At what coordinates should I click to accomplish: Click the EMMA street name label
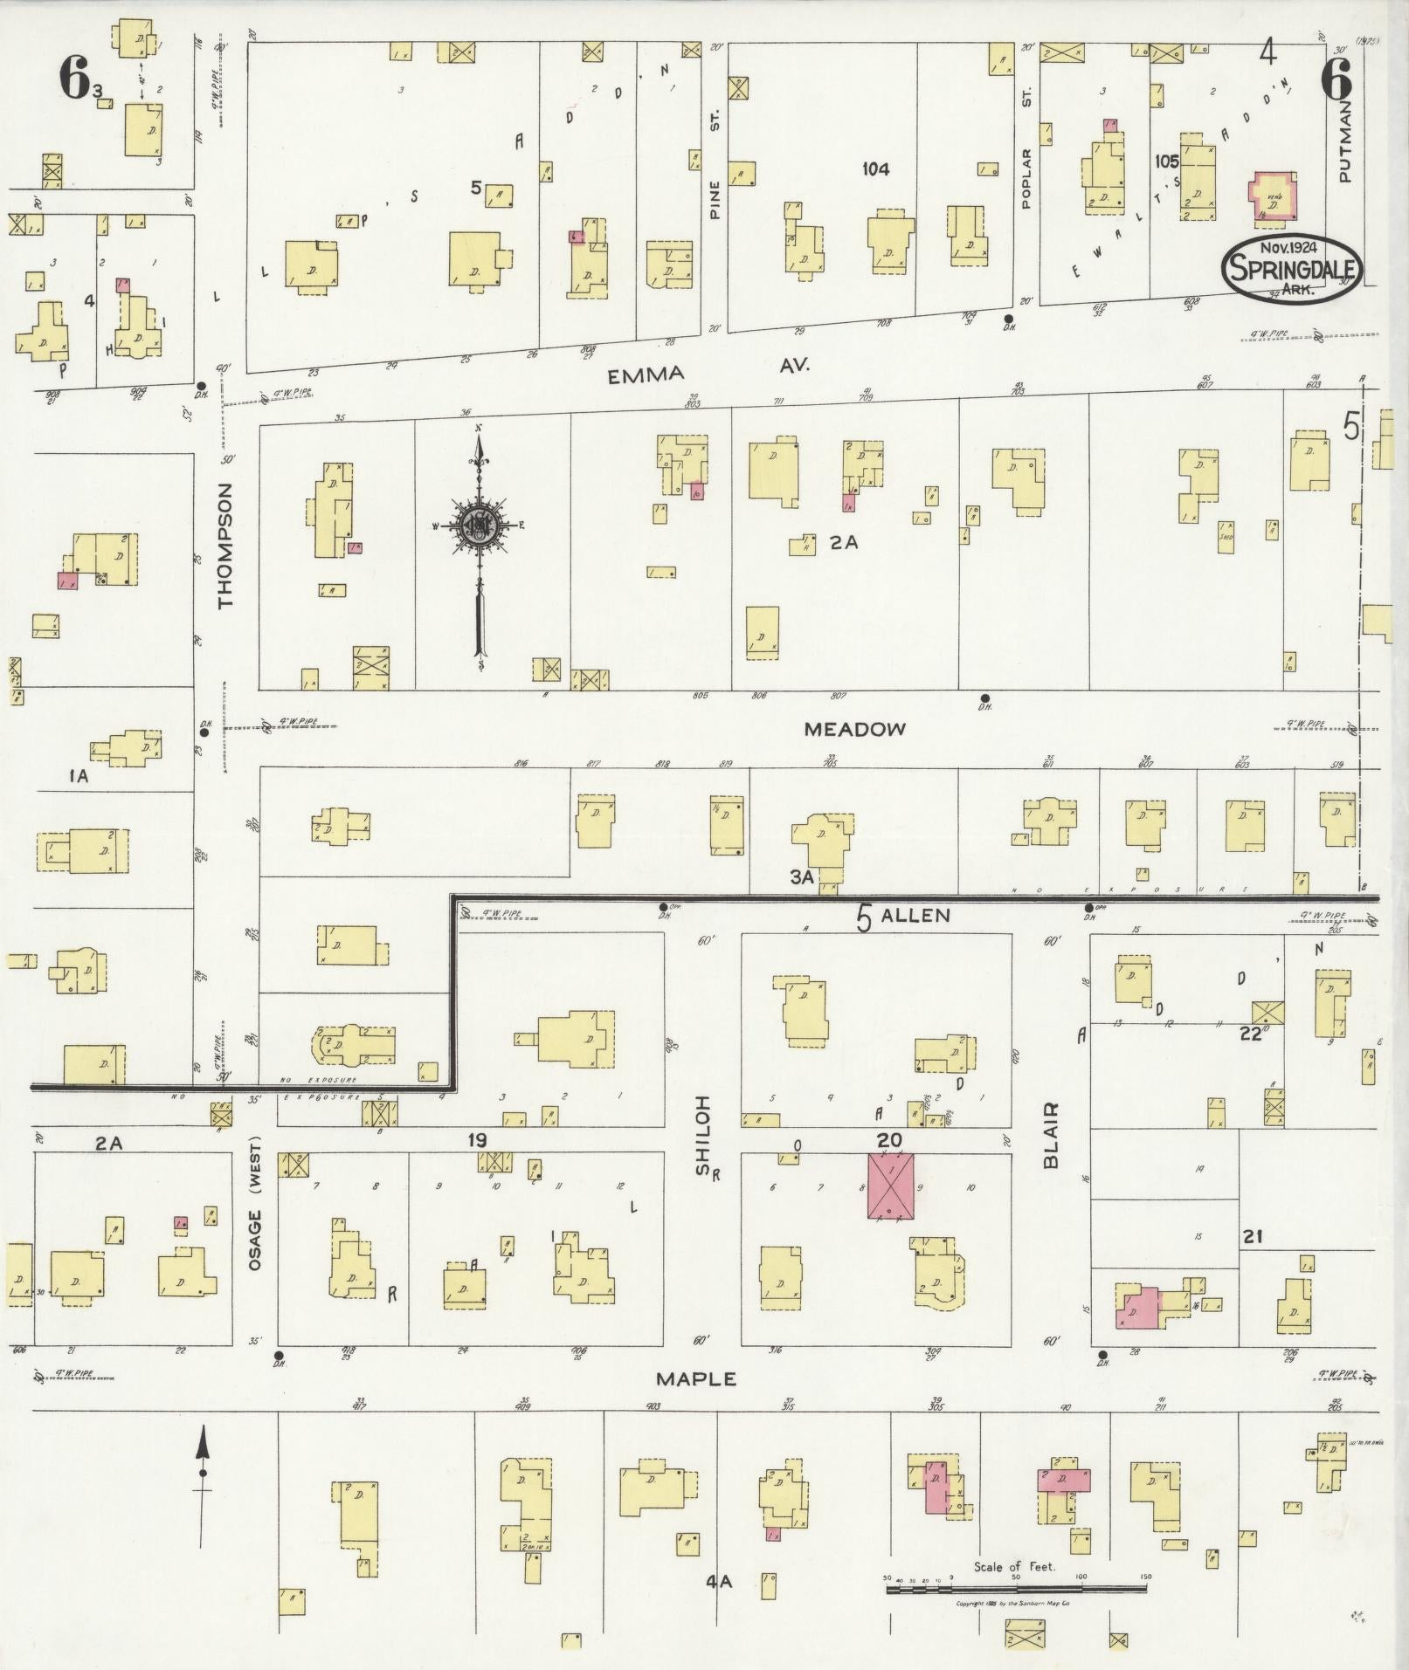tap(646, 375)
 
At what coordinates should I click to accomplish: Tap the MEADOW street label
tap(854, 730)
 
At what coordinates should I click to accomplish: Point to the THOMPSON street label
tap(225, 546)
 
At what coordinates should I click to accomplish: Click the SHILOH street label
tap(703, 1124)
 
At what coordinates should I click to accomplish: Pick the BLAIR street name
tap(1051, 1135)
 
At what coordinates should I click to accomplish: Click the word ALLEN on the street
tap(915, 915)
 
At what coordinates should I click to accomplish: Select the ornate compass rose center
tap(479, 526)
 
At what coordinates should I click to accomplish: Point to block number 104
tap(874, 169)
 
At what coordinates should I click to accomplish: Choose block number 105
tap(1166, 162)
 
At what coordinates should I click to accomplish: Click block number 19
tap(476, 1140)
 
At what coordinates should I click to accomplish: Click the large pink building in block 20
tap(890, 1185)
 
